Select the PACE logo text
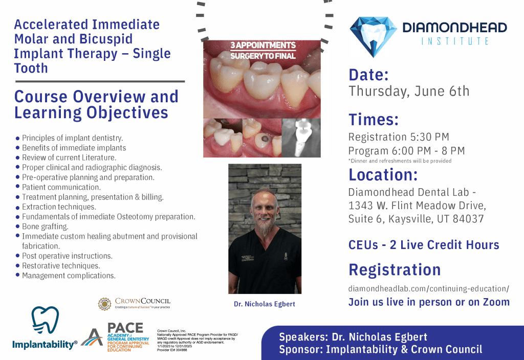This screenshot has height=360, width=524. (125, 328)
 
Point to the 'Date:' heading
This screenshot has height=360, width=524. (369, 75)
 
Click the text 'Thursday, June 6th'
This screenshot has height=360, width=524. (408, 92)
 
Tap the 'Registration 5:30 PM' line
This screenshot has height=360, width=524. (399, 137)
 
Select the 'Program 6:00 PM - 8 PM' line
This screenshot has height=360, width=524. (406, 150)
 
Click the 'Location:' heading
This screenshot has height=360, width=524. (383, 174)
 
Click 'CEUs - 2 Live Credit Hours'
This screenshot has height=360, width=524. (424, 245)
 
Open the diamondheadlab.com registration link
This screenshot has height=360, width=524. (428, 288)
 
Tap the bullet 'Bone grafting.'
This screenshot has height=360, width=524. (45, 227)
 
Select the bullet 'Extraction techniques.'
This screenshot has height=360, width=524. (59, 207)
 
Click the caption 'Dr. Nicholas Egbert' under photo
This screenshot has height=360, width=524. (264, 304)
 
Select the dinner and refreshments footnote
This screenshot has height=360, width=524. (400, 161)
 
